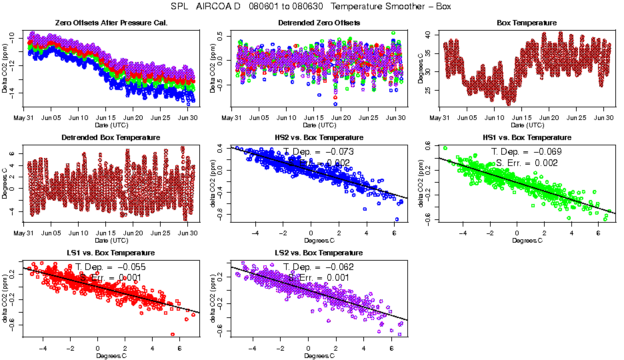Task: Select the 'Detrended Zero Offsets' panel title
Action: coord(319,23)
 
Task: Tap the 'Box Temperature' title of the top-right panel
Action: coord(527,23)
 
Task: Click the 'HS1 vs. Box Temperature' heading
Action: coord(527,138)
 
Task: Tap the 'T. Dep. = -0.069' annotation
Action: coord(527,151)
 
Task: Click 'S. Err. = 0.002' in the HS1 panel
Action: coord(527,163)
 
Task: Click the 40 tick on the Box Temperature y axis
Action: coord(431,34)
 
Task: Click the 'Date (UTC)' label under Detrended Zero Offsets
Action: coord(319,125)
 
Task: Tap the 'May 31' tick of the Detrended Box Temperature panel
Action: coord(24,233)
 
